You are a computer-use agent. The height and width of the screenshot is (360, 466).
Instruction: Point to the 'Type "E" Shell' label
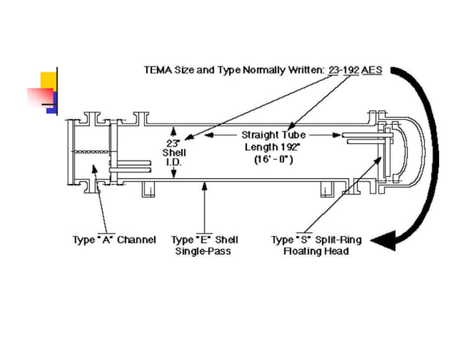(x=205, y=240)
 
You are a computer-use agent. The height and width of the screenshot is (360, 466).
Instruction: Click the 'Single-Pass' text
(x=205, y=251)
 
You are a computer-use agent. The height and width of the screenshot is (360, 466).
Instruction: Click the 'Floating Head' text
(x=316, y=251)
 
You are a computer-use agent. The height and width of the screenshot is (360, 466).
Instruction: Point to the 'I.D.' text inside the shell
(x=174, y=162)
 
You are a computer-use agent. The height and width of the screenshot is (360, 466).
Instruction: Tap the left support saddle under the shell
(x=149, y=189)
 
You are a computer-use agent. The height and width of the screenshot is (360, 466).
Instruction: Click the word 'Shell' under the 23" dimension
(x=174, y=153)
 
